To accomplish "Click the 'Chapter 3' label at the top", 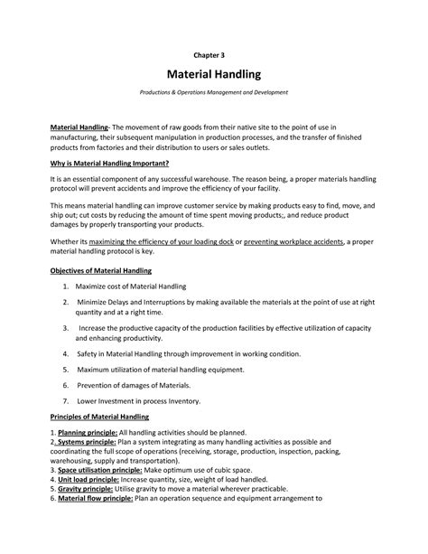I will [213, 53].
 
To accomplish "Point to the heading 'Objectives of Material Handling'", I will [100, 270].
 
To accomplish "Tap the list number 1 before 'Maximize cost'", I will [66, 286].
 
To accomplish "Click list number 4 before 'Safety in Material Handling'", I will [66, 353].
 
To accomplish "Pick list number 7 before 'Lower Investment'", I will [66, 399].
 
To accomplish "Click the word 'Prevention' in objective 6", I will [98, 384].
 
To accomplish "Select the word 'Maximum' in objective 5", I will [97, 369].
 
